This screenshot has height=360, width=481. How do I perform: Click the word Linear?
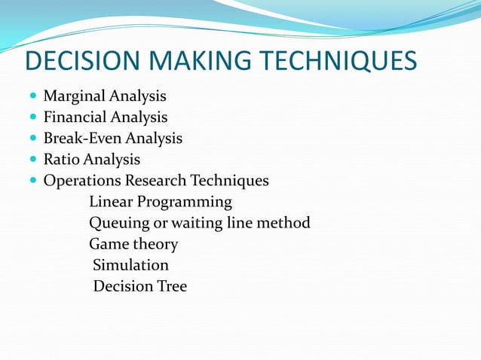coord(110,202)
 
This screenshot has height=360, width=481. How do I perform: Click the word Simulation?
coord(130,265)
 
